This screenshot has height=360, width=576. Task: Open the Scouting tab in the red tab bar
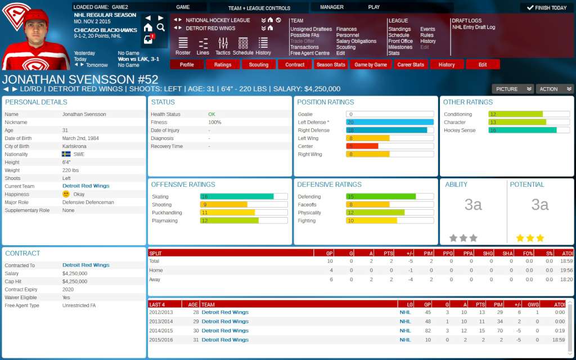click(x=259, y=65)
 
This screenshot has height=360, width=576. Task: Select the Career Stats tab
click(x=411, y=65)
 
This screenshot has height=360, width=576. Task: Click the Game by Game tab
click(x=371, y=65)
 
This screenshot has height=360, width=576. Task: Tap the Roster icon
click(x=183, y=45)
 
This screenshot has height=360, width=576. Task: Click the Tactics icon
click(x=223, y=45)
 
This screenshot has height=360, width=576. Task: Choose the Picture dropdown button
click(x=512, y=89)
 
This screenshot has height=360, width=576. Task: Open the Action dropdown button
click(x=554, y=89)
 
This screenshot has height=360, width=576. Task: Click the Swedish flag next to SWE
click(x=66, y=154)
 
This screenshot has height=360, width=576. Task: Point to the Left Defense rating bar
click(x=390, y=122)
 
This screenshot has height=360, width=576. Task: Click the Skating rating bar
click(x=244, y=197)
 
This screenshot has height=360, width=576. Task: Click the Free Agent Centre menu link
click(x=310, y=53)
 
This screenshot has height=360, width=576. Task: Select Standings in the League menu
click(x=399, y=29)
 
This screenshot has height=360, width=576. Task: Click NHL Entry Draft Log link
click(x=473, y=28)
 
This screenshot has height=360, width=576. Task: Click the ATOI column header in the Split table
click(x=566, y=253)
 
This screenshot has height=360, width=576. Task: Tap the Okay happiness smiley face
click(x=66, y=194)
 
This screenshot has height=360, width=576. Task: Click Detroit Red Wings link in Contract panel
click(x=86, y=265)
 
